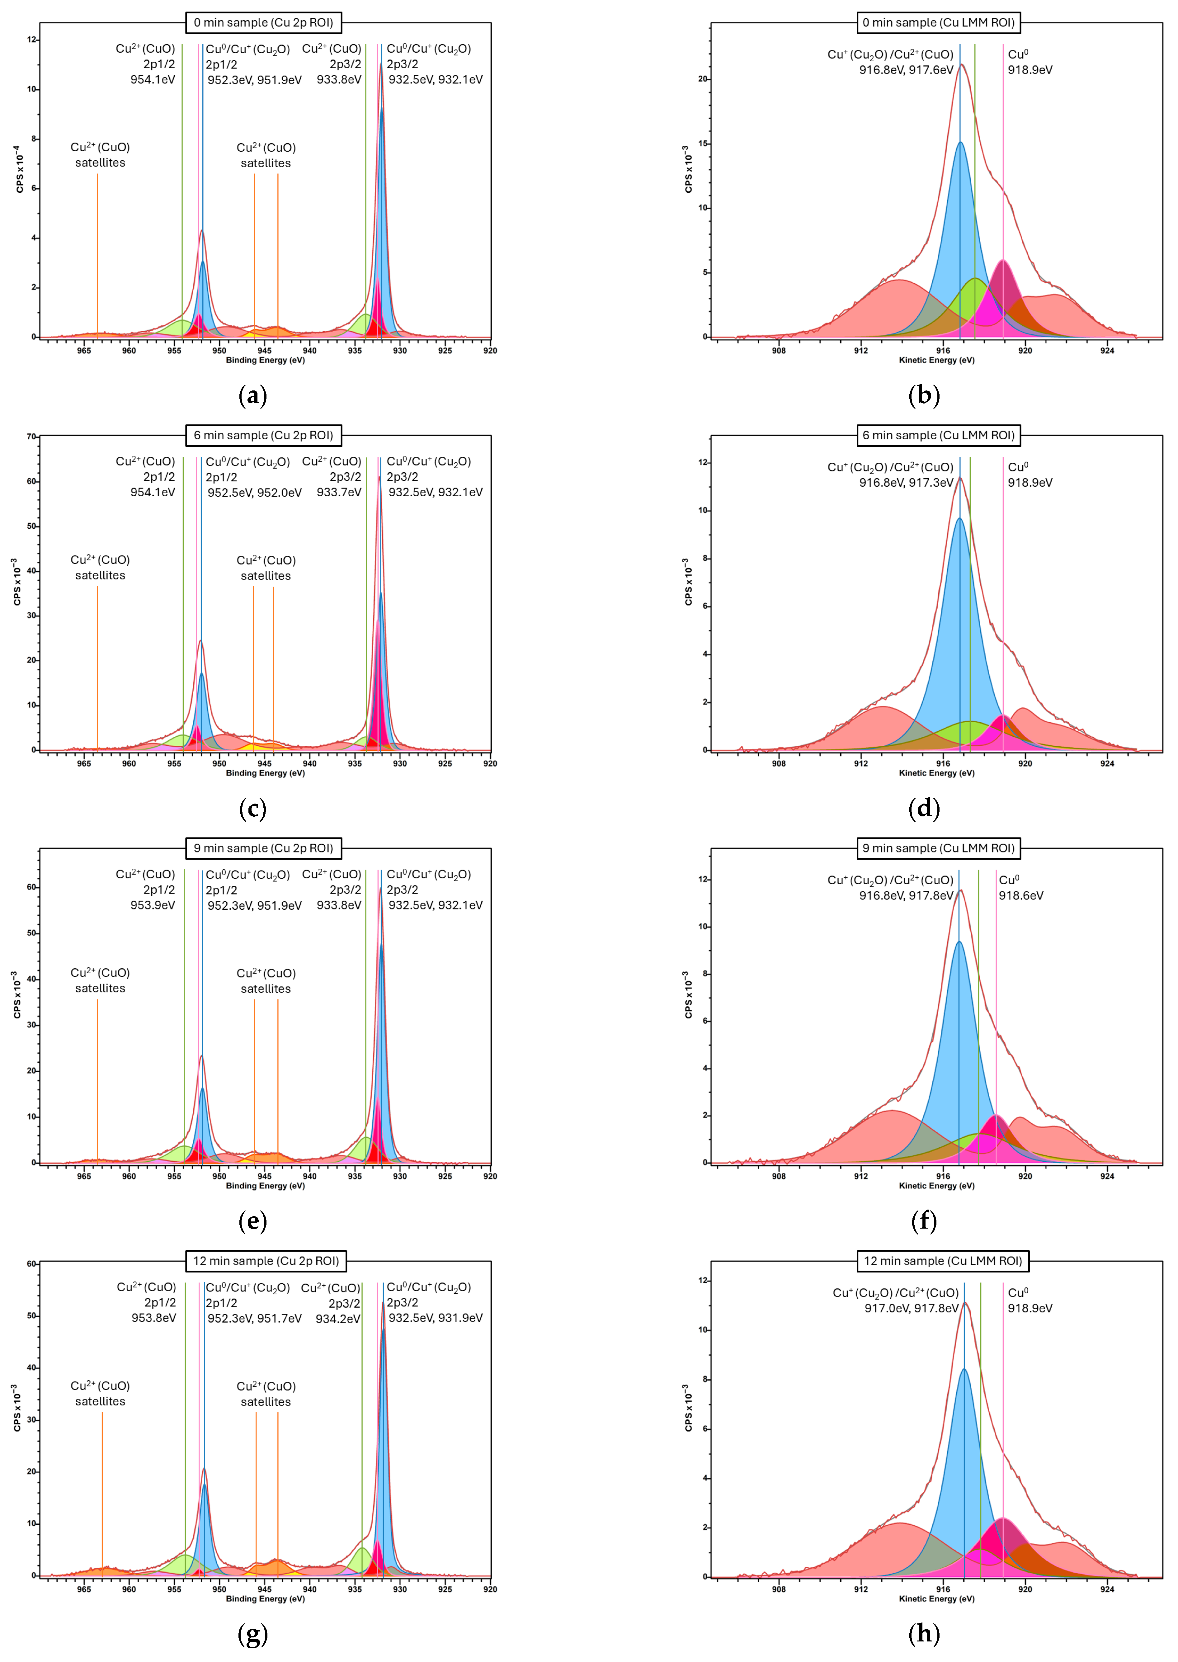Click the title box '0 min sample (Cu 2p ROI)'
pos(263,22)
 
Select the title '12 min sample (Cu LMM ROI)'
pos(942,1261)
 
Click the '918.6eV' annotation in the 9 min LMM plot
pos(1020,895)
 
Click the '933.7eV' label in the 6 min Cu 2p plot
pos(339,492)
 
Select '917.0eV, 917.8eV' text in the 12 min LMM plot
pos(911,1308)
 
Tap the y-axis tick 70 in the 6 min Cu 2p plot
pos(31,437)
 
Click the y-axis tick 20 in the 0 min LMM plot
pos(702,79)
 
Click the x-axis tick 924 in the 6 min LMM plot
pos(1107,763)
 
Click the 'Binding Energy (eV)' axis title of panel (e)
pos(266,1186)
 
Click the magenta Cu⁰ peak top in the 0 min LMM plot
pos(1002,260)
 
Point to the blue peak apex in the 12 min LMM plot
pos(964,1369)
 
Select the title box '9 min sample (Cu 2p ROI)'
pos(263,848)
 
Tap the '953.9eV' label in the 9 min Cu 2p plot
pos(152,904)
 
